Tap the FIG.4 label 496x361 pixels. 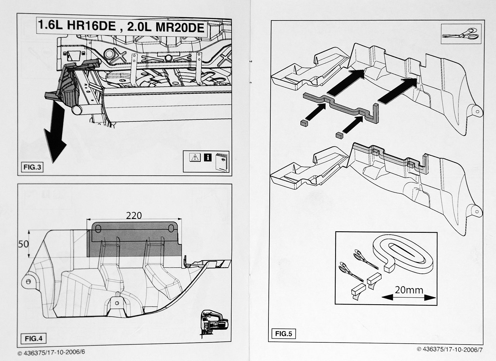click(x=33, y=338)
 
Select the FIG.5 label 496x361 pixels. click(x=283, y=334)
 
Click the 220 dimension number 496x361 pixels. click(x=134, y=215)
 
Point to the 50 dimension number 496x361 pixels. click(x=24, y=244)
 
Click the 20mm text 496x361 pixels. click(x=409, y=290)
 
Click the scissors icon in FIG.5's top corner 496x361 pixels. click(x=460, y=34)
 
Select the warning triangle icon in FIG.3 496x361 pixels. click(x=194, y=157)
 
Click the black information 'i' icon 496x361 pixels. click(x=208, y=157)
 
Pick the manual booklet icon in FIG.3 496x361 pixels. click(x=222, y=161)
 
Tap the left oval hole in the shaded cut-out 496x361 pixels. click(x=98, y=229)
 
